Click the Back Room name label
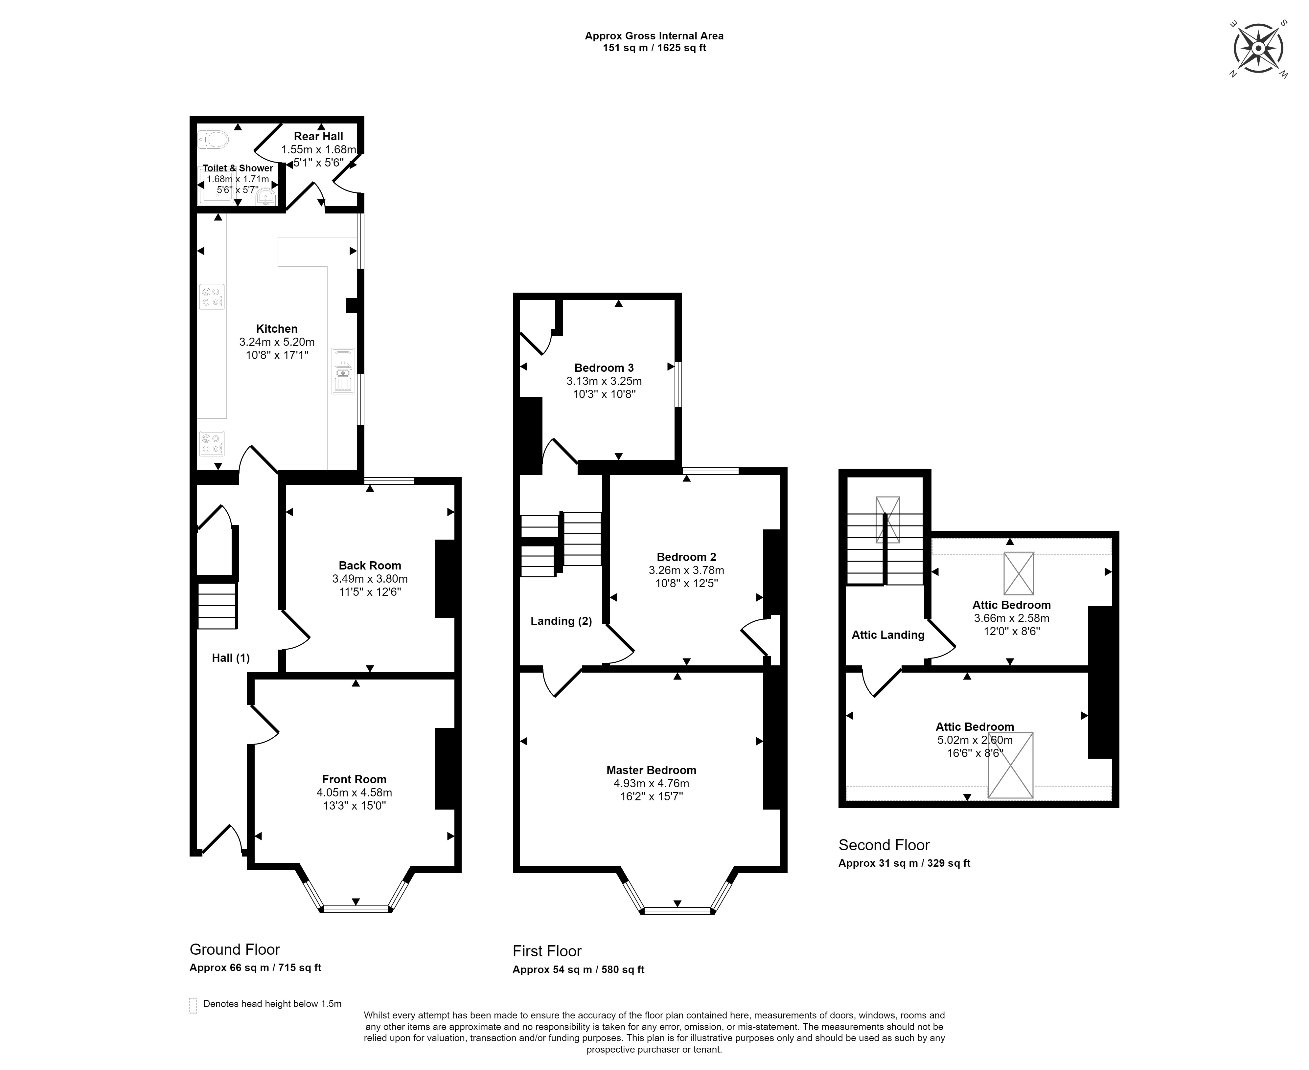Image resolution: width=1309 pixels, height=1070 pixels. (370, 565)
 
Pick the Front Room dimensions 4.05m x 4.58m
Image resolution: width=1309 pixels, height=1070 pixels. (355, 792)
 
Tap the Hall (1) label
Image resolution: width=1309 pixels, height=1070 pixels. (231, 658)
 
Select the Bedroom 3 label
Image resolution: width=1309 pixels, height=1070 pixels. (604, 368)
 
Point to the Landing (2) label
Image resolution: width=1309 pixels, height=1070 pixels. (561, 621)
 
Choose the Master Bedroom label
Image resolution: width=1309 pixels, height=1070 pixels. (651, 770)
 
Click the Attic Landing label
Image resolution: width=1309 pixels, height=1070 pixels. (888, 635)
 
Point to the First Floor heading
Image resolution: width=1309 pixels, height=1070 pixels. (547, 951)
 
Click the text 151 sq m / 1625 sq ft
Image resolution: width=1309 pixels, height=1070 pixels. (654, 48)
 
